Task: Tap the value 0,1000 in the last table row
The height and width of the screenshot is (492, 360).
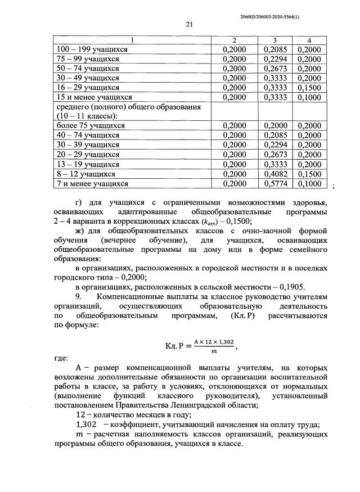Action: [309, 183]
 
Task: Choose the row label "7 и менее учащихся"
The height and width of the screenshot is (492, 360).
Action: [90, 183]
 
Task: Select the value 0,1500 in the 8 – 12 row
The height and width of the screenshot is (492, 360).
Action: [309, 174]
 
